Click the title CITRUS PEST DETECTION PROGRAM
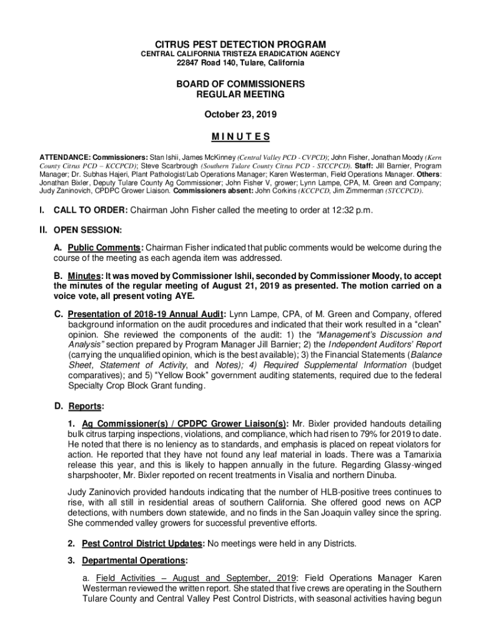tap(241, 44)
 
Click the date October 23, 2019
tap(241, 115)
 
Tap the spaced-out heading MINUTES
tap(241, 137)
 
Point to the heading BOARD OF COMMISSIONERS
tap(241, 84)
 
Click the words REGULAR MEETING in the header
tap(241, 95)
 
